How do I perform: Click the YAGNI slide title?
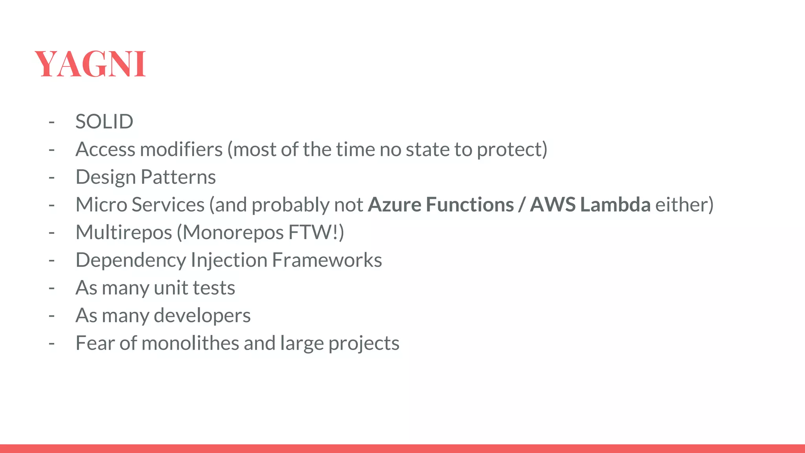coord(90,64)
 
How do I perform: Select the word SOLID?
coord(104,122)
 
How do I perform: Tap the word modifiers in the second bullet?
coord(181,149)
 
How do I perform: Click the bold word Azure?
coord(394,204)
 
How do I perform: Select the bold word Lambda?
coord(615,204)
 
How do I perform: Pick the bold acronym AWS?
coord(553,204)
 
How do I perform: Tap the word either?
coord(681,204)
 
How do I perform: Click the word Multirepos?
coord(124,232)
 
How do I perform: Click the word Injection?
coord(229,260)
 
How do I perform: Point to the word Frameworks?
coord(327,260)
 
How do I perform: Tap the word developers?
coord(202,315)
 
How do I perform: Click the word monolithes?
coord(190,343)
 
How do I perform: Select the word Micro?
coord(101,204)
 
